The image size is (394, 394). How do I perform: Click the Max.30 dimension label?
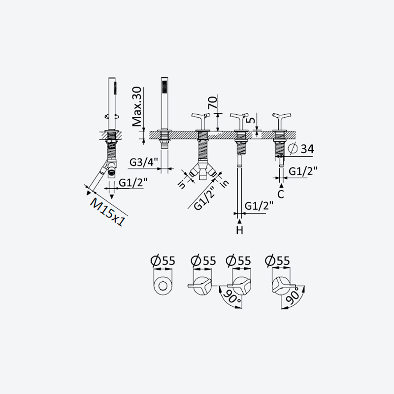137,106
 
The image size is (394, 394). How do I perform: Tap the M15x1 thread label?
107,212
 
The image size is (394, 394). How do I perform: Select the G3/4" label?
144,163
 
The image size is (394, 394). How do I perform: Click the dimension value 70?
213,102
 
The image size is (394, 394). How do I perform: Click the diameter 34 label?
302,149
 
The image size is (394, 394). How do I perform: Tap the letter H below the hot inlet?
239,230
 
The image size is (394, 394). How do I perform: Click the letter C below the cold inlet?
281,194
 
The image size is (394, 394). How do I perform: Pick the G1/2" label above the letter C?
303,171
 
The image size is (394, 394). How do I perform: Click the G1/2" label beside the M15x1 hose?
133,182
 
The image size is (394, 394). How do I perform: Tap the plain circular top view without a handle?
163,286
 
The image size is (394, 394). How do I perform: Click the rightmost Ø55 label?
277,261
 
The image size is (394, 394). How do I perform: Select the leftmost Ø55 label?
163,261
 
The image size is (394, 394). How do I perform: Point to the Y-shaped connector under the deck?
203,170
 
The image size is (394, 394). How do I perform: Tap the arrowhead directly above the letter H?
239,221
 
